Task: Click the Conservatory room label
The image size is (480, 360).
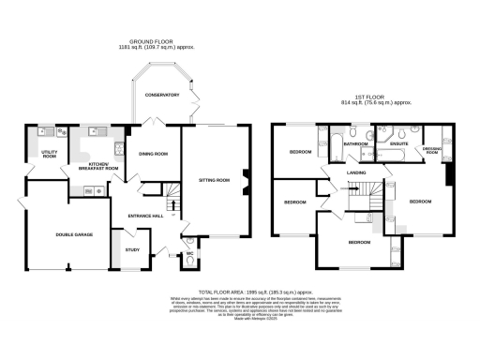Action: click(x=162, y=95)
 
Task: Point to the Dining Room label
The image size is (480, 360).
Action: click(x=153, y=153)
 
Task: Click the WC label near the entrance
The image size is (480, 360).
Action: click(x=189, y=254)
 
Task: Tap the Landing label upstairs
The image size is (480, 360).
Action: click(x=355, y=171)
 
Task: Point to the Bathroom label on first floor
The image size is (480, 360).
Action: click(x=354, y=145)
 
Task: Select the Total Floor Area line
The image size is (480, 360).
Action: click(x=239, y=292)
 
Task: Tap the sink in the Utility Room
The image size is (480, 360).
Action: click(x=43, y=132)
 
